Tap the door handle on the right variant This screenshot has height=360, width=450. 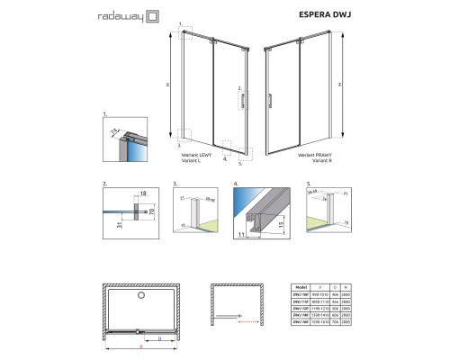270,100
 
